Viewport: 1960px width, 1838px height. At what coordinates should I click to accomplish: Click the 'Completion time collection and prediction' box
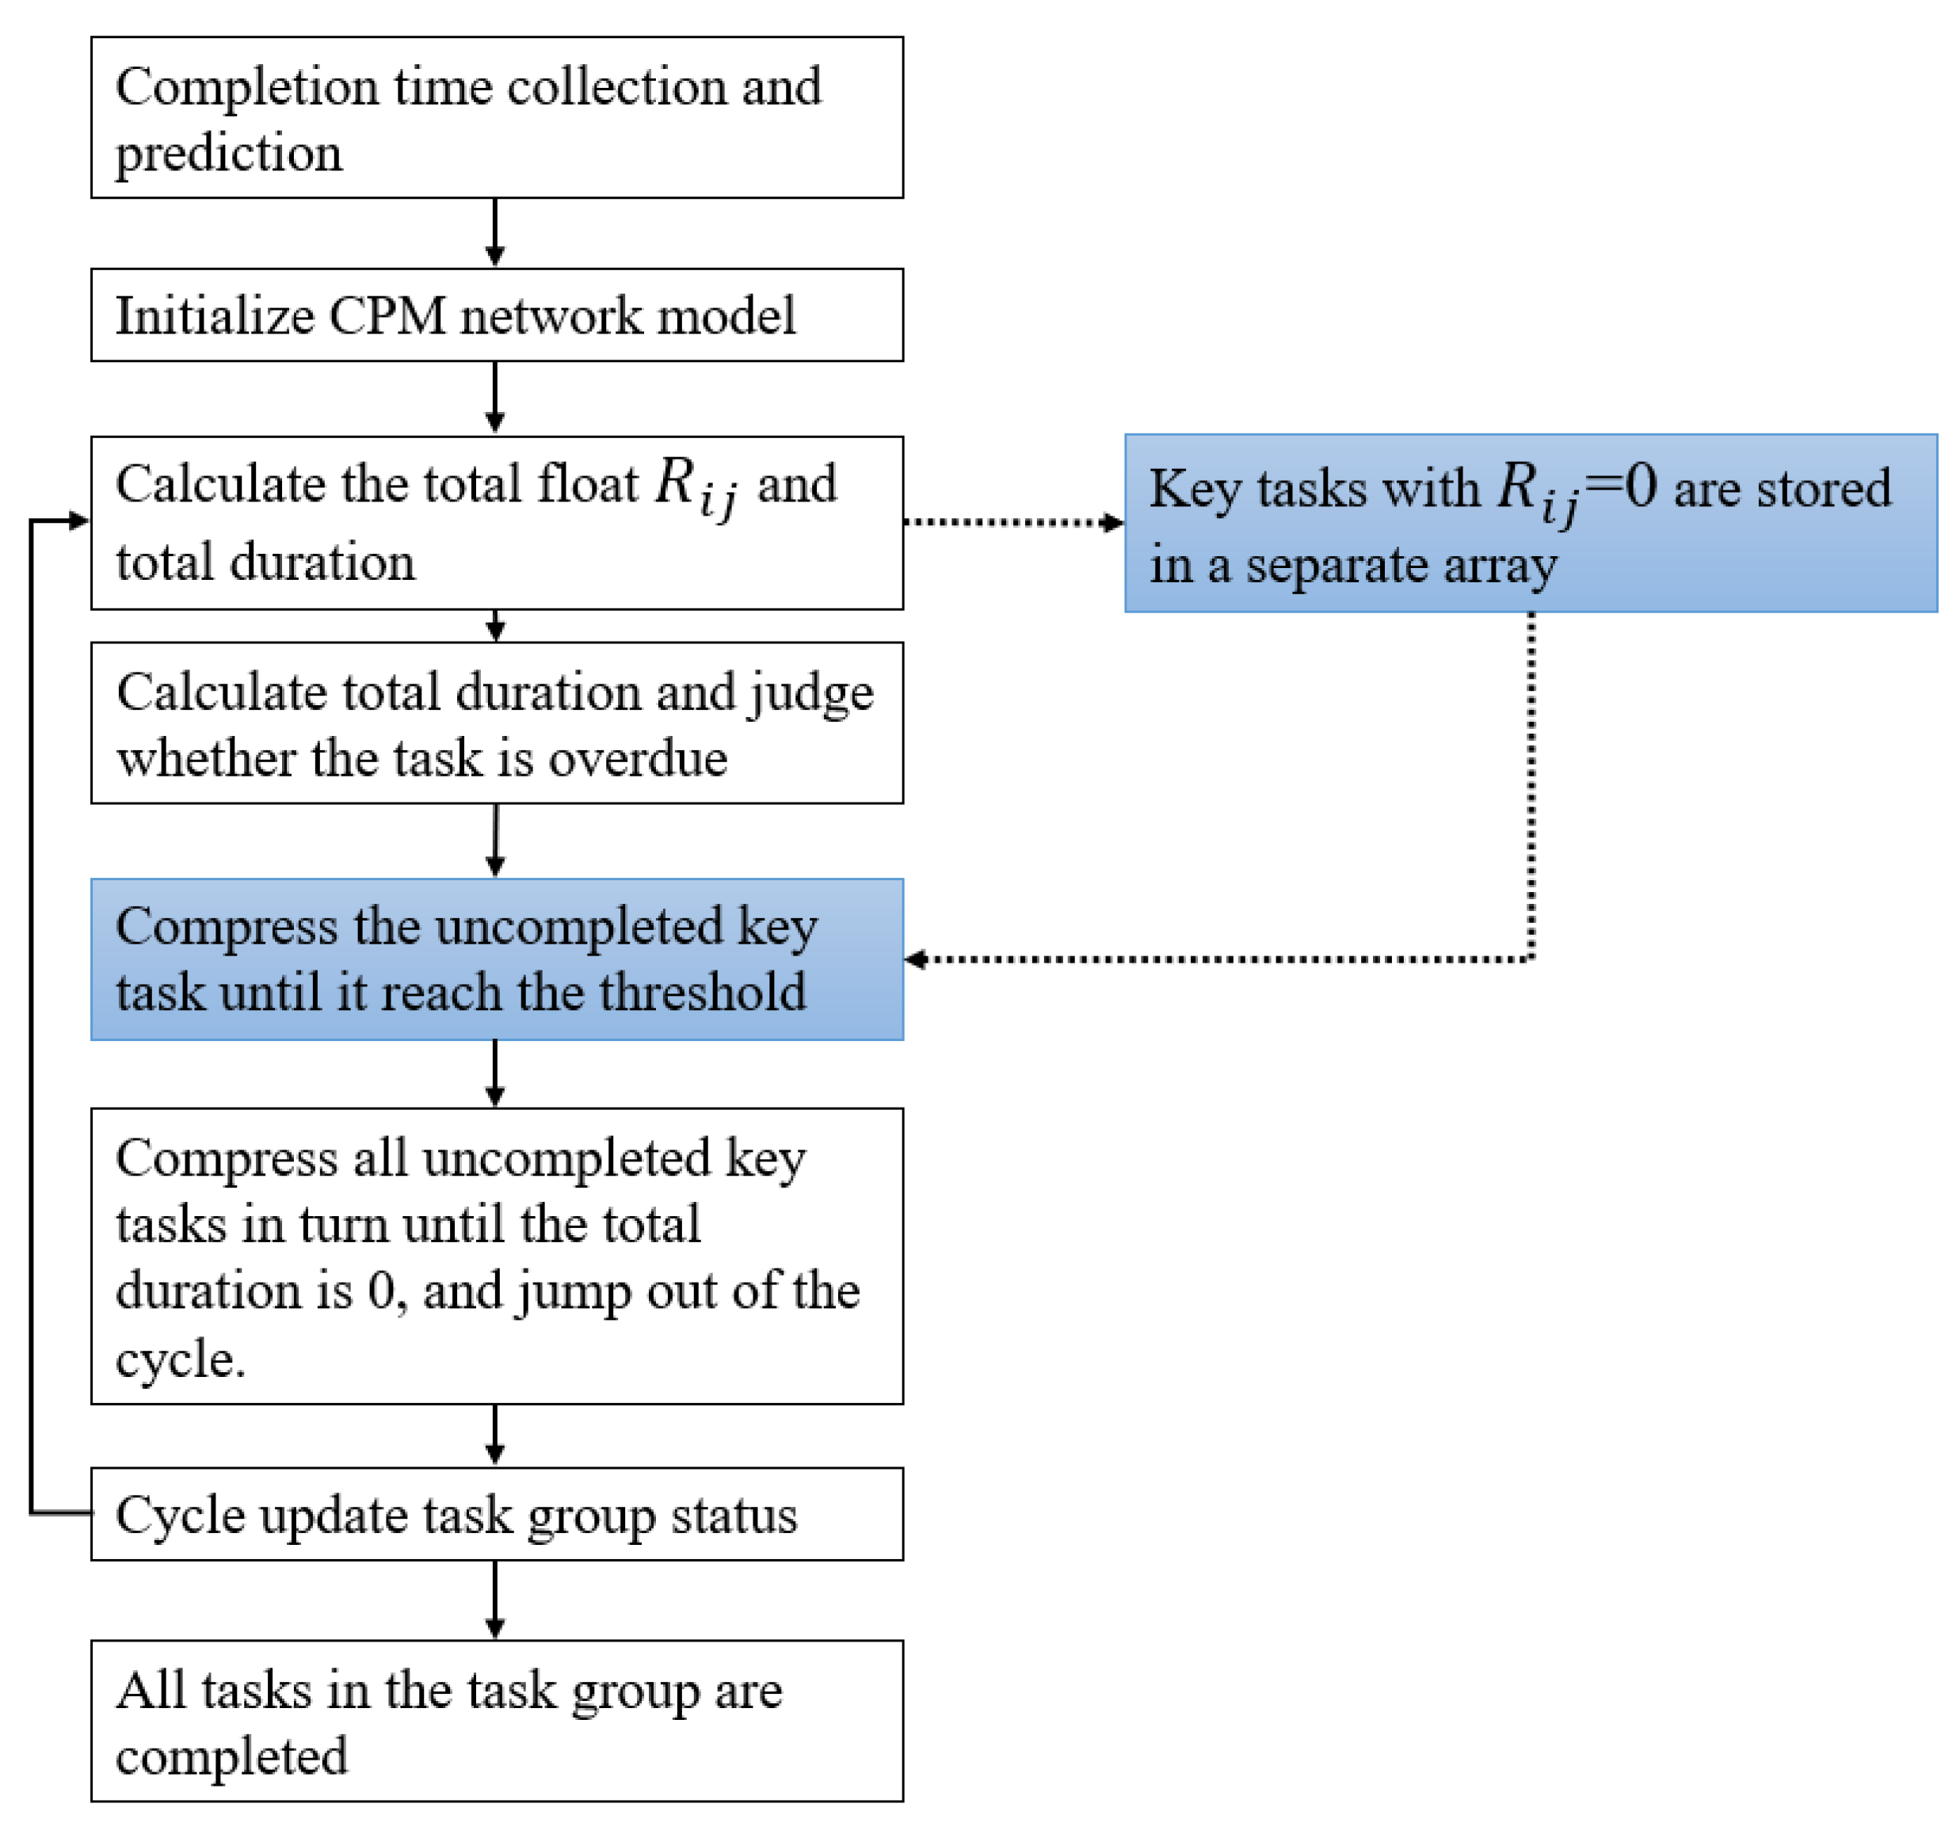(497, 117)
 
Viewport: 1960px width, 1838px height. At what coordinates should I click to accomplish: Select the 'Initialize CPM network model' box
(497, 315)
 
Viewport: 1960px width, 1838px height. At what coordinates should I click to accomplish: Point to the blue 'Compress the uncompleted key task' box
(497, 959)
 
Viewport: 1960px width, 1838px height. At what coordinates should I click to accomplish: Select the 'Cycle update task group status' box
(497, 1514)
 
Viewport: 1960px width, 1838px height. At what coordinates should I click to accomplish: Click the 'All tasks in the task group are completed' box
(497, 1721)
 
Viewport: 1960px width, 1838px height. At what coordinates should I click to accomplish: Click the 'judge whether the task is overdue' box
(497, 723)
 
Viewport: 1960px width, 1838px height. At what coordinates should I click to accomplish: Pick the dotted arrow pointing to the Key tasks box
(1013, 521)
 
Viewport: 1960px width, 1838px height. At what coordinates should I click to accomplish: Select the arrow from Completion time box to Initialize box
(495, 233)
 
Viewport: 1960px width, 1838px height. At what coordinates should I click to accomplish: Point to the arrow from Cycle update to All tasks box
(495, 1600)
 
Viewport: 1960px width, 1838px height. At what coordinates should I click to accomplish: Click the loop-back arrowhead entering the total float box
(79, 521)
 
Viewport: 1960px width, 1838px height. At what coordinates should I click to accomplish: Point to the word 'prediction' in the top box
(229, 154)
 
